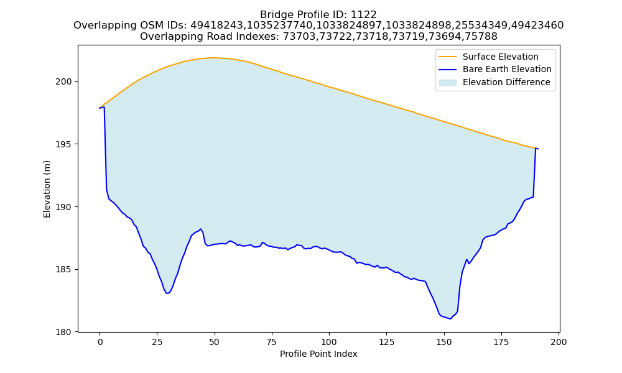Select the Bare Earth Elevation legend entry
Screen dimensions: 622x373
(x=494, y=70)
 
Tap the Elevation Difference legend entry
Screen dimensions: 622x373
(x=494, y=83)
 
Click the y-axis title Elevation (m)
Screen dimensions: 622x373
(x=47, y=189)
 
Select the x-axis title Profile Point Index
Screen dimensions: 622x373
(x=318, y=354)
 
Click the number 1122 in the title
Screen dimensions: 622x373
(x=364, y=15)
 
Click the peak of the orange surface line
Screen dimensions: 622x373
(x=213, y=58)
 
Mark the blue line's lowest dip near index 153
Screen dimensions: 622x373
(x=450, y=319)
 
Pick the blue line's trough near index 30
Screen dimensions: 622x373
(x=168, y=293)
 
